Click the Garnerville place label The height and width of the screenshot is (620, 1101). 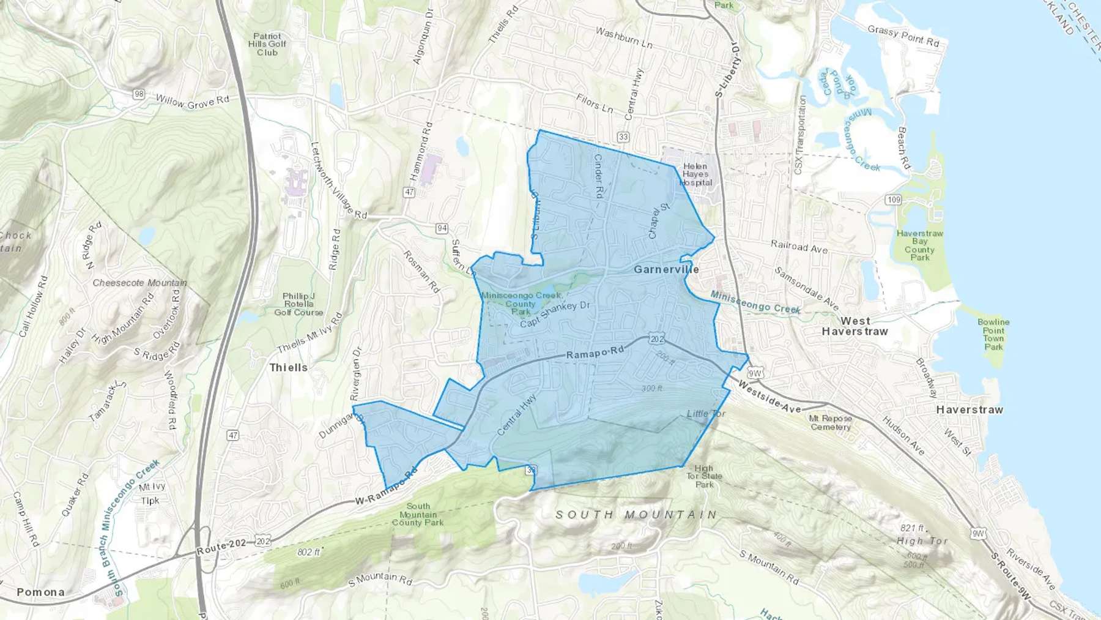coord(666,269)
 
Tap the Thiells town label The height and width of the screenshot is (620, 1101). coord(289,367)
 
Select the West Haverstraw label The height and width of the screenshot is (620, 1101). coord(854,326)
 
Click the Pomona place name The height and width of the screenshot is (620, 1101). coord(40,592)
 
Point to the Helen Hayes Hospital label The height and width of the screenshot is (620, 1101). coord(695,174)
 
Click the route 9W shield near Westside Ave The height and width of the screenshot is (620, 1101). coord(755,373)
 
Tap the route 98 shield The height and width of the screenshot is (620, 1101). coord(139,94)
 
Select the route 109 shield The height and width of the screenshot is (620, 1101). coord(893,200)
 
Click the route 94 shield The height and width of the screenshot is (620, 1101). coord(442,228)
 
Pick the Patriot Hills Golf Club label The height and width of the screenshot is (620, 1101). coord(267,44)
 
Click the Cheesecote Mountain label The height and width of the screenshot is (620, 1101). coord(139,283)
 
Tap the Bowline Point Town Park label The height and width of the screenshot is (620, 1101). coord(993,334)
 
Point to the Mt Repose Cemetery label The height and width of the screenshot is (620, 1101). coord(830,422)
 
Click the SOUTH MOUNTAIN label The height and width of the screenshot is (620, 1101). coord(636,515)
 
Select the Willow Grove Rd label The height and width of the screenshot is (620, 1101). coord(192,102)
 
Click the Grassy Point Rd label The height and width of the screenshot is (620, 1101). coord(903,36)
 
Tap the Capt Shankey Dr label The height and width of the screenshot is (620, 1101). coord(555,314)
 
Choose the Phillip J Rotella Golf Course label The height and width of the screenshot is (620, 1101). coord(298,304)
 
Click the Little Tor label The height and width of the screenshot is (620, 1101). coord(706,414)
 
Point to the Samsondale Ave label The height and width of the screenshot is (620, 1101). coord(806,288)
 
